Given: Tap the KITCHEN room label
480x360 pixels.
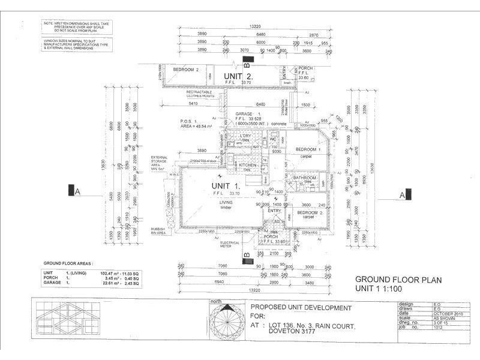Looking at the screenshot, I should pyautogui.click(x=248, y=164).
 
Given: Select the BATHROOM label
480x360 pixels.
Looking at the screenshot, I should pyautogui.click(x=304, y=178).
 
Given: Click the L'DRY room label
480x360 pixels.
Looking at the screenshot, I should pyautogui.click(x=245, y=137).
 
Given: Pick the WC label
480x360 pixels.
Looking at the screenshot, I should pyautogui.click(x=272, y=139).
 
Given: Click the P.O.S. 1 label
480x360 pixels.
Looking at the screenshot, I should pyautogui.click(x=189, y=121).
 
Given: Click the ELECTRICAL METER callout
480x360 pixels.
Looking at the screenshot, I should pyautogui.click(x=230, y=244).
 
